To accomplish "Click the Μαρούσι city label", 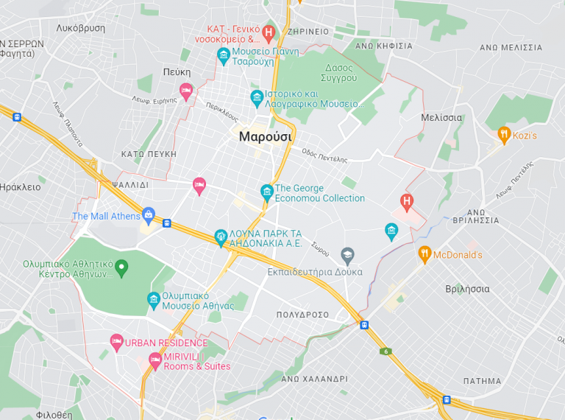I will click(x=266, y=136).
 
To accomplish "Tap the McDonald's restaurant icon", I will click(x=424, y=255).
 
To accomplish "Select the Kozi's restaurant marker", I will click(x=504, y=135).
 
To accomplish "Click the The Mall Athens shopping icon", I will click(x=149, y=216).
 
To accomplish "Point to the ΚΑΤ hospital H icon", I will click(x=269, y=33).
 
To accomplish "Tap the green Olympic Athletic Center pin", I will click(x=122, y=266).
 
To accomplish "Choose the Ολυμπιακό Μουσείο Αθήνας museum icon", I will click(x=154, y=299).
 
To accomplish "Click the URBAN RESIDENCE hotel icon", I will click(x=116, y=342).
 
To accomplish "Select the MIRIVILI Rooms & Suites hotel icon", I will click(x=155, y=360).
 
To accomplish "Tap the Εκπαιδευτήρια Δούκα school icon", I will click(x=347, y=256).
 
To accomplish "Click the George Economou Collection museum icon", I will click(x=267, y=193).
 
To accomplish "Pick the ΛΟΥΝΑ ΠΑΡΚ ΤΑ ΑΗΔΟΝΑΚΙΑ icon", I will click(x=220, y=237).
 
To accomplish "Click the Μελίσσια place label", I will click(x=441, y=117).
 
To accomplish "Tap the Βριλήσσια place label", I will click(x=467, y=289).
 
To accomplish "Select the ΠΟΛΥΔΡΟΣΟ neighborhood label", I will click(x=302, y=315).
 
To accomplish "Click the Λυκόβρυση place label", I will click(x=81, y=28).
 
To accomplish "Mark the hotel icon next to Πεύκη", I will click(x=186, y=91).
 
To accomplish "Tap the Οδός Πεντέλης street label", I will click(x=324, y=155).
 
